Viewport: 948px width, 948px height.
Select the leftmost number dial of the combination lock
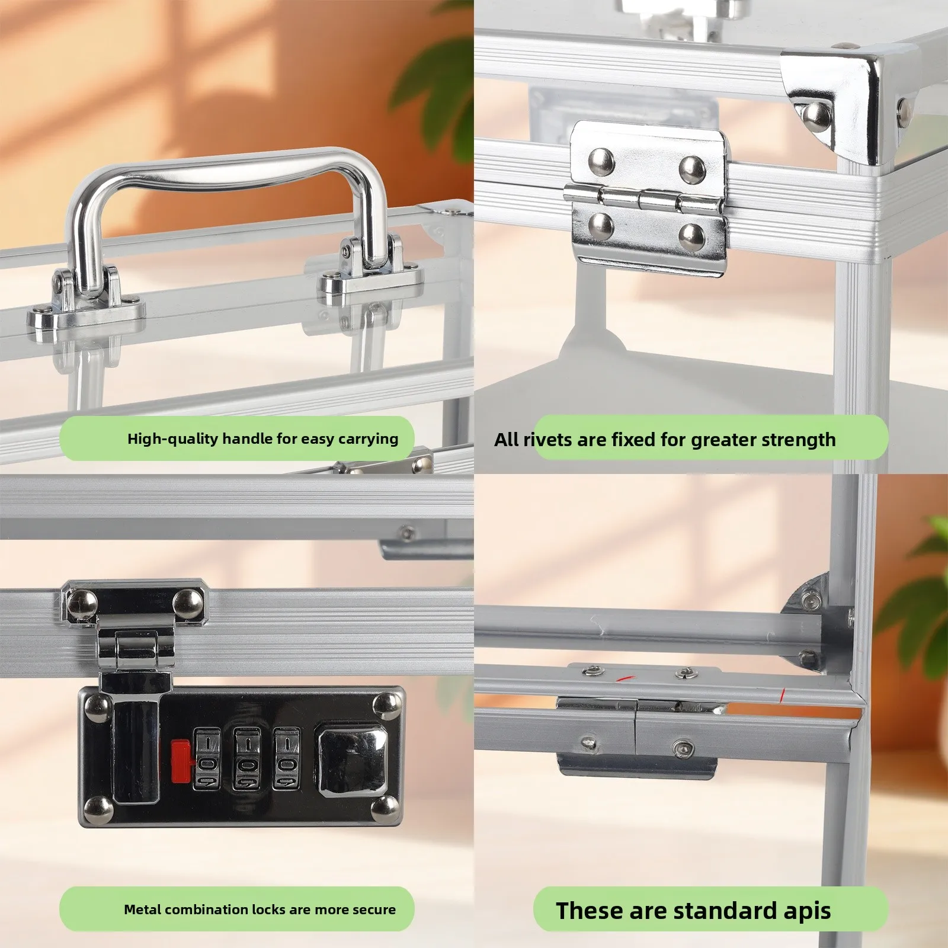(x=207, y=760)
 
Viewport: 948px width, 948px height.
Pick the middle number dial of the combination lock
(x=247, y=760)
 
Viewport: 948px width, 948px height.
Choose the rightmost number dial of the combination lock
(x=287, y=760)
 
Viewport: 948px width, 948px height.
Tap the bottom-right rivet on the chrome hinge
(x=691, y=236)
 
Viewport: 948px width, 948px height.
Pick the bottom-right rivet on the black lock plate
(x=387, y=808)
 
